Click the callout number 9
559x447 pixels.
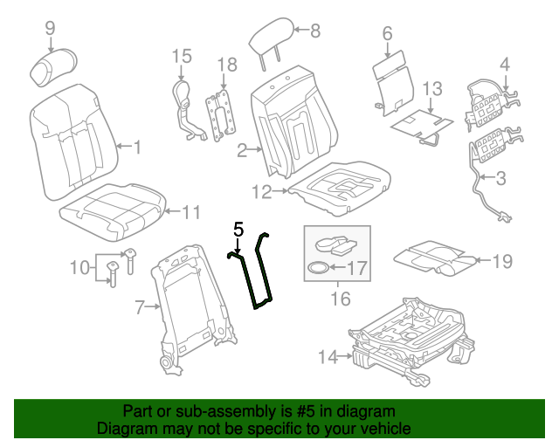50,27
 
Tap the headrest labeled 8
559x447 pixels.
268,38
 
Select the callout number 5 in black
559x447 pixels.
238,230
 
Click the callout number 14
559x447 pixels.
328,356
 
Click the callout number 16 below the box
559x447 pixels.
340,299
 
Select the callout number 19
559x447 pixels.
501,260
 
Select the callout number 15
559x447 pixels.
181,56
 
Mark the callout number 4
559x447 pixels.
504,63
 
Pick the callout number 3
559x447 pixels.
500,180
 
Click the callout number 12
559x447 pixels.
261,190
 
